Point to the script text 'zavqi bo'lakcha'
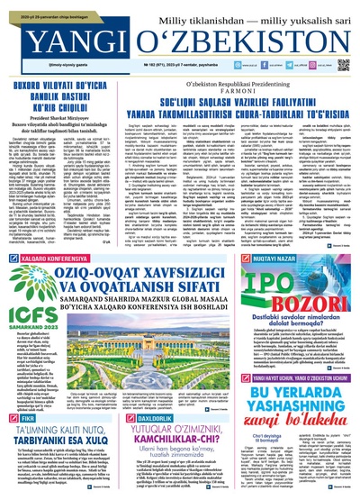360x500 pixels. click(297, 413)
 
